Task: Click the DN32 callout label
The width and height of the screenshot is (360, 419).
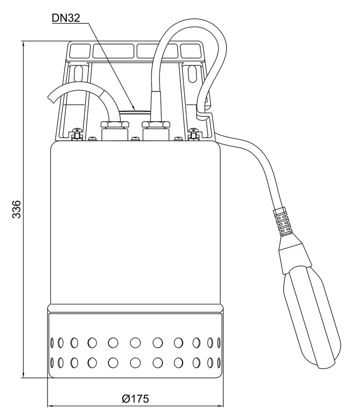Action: click(65, 18)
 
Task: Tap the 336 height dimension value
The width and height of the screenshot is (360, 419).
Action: click(17, 209)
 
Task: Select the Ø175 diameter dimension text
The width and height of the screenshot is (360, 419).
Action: click(135, 399)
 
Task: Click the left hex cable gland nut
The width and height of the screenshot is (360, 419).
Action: click(114, 124)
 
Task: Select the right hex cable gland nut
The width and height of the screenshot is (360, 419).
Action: click(156, 124)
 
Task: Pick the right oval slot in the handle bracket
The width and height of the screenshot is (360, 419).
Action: click(192, 73)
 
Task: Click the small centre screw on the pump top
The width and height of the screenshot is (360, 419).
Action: click(135, 139)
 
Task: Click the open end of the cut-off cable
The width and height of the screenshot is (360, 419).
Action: click(51, 97)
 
